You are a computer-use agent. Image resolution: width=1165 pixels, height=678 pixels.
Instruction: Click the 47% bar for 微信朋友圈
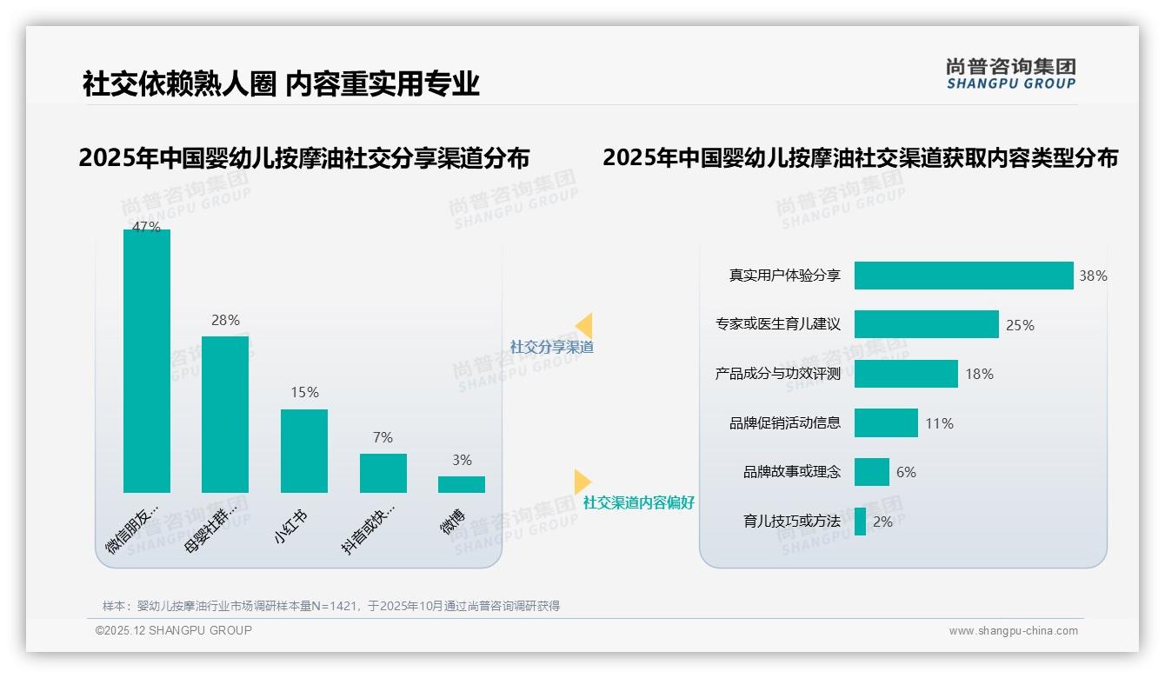point(147,361)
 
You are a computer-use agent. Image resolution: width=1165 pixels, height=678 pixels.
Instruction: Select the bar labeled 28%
point(225,415)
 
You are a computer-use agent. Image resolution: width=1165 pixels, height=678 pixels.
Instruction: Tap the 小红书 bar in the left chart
point(304,451)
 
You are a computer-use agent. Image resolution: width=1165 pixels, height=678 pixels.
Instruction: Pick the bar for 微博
point(462,484)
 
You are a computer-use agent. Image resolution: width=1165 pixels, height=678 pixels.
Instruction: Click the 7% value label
point(383,438)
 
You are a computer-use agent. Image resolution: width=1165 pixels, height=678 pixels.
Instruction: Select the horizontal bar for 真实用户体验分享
point(963,276)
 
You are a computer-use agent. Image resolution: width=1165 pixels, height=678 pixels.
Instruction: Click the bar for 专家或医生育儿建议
point(926,324)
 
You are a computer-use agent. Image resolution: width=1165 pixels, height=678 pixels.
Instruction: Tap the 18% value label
point(979,375)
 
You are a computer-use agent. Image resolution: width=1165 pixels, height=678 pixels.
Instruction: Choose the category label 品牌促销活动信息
point(785,423)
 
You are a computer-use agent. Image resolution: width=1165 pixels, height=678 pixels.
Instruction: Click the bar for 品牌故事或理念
point(871,472)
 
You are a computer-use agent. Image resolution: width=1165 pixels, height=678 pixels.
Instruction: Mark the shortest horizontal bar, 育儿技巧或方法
point(860,522)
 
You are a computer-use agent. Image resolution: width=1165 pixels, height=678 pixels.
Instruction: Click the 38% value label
point(1093,276)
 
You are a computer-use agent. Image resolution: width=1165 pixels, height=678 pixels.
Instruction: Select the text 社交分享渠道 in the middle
point(551,347)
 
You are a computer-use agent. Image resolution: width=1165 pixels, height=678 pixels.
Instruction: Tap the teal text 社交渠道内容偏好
point(639,503)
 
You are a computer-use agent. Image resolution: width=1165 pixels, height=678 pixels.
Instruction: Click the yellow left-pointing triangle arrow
point(584,325)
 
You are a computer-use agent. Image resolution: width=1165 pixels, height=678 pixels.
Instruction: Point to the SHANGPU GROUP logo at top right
point(1010,74)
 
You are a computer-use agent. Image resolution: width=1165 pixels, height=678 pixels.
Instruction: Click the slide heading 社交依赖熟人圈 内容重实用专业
point(281,84)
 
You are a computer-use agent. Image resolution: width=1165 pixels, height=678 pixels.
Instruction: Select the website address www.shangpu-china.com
point(1013,631)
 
